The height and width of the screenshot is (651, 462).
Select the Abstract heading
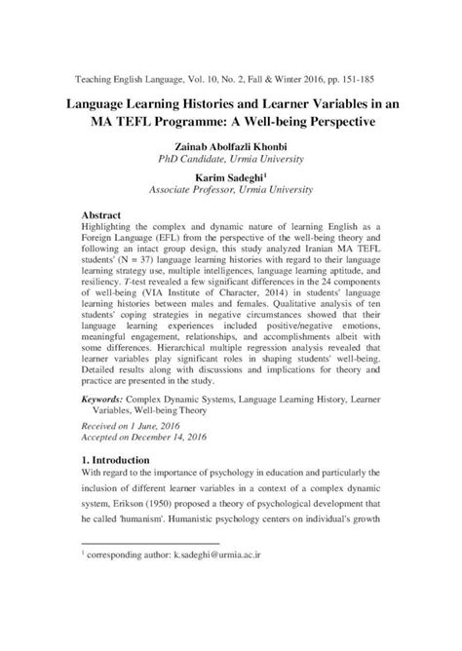coord(101,212)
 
